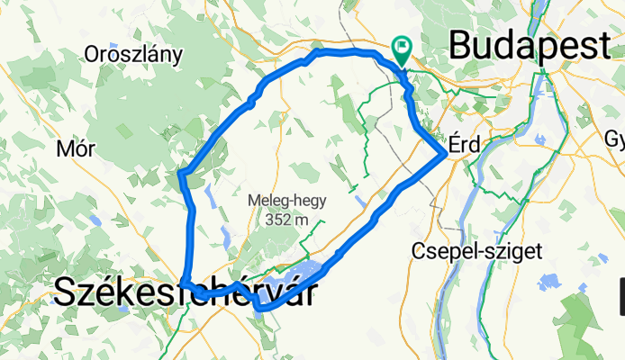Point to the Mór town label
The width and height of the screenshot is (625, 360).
[75, 148]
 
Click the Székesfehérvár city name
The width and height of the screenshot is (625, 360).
[186, 292]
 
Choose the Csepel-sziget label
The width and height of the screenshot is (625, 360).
[476, 251]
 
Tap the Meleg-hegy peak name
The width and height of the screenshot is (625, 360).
[288, 202]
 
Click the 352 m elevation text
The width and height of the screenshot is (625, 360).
[288, 219]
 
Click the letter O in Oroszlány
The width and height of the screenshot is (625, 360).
[92, 54]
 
